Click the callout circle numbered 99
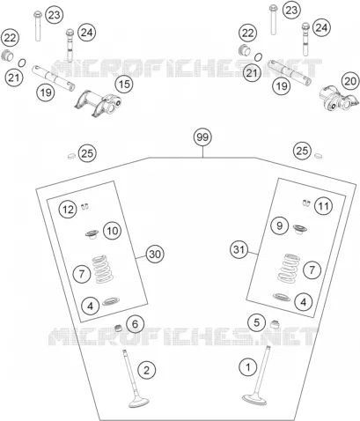point(202,137)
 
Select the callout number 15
point(124,85)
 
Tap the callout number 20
point(350,81)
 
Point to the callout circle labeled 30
point(155,254)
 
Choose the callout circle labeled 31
point(239,250)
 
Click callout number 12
point(68,210)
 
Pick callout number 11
point(324,206)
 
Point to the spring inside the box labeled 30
point(103,270)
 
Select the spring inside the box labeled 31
point(290,269)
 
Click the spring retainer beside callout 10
point(92,234)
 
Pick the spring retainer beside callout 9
point(300,228)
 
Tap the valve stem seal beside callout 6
point(118,328)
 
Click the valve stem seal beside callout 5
point(275,324)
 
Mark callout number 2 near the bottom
point(147,370)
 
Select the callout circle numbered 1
point(248,367)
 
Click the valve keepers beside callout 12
point(84,207)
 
